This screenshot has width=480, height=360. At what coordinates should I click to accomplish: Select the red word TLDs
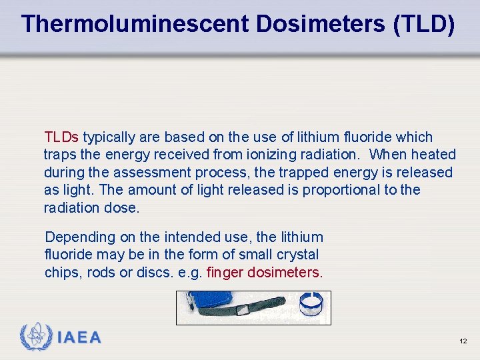61,137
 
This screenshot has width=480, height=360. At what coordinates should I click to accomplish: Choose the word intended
174,237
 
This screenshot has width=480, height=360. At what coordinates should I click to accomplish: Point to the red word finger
225,272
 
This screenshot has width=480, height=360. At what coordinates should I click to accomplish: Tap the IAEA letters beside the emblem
79,337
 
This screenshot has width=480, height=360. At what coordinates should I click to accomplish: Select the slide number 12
463,341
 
